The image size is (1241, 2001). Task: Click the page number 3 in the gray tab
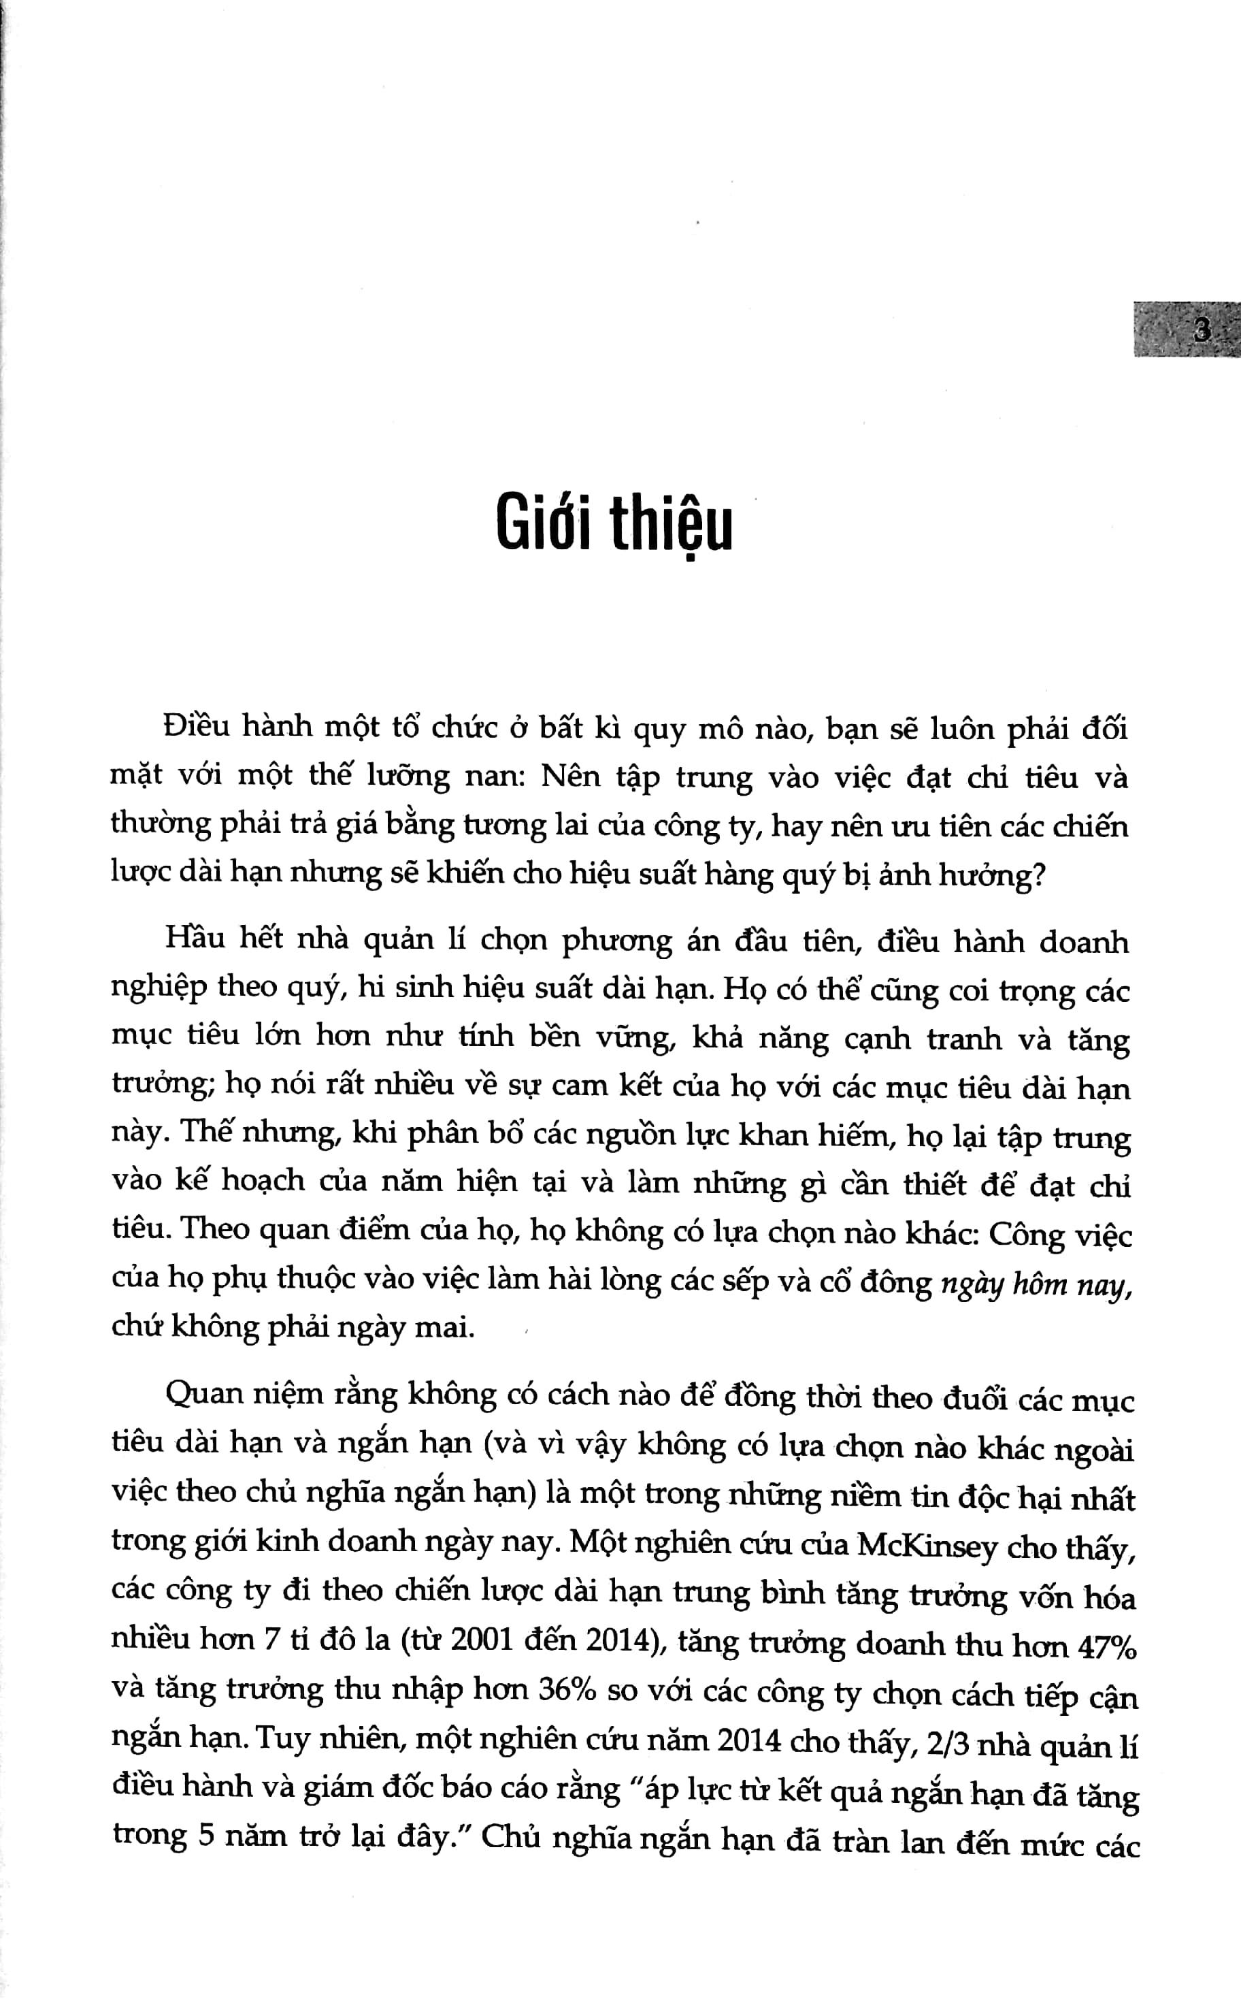1202,331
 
